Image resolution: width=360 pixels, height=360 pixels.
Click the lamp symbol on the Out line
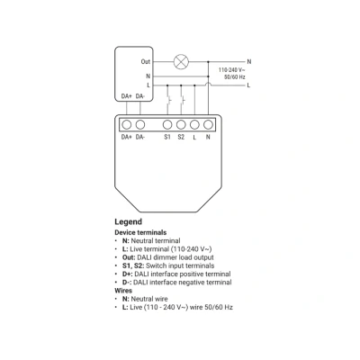181,62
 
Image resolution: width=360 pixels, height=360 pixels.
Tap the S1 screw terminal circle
167,124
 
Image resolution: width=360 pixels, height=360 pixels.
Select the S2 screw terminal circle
181,124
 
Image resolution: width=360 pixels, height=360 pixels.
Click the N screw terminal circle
208,124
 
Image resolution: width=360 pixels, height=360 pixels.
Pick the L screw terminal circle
194,124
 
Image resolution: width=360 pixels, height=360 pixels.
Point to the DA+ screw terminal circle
127,124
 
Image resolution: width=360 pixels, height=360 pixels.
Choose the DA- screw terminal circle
140,124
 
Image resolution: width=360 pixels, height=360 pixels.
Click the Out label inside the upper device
146,61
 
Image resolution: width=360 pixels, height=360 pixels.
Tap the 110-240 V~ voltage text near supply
232,70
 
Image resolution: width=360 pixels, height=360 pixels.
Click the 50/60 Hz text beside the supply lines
235,77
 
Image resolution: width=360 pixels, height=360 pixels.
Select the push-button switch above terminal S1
168,100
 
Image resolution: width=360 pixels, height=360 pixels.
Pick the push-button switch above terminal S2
183,100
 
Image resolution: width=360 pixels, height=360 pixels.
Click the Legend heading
128,222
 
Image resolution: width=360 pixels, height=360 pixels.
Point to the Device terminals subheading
140,232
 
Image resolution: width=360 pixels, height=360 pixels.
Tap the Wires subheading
123,291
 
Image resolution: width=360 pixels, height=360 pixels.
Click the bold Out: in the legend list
129,257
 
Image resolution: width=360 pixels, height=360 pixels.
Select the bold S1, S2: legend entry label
133,265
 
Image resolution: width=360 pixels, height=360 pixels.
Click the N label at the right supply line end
249,61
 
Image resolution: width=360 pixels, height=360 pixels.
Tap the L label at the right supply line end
248,85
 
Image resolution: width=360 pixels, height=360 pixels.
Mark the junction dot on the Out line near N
208,62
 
